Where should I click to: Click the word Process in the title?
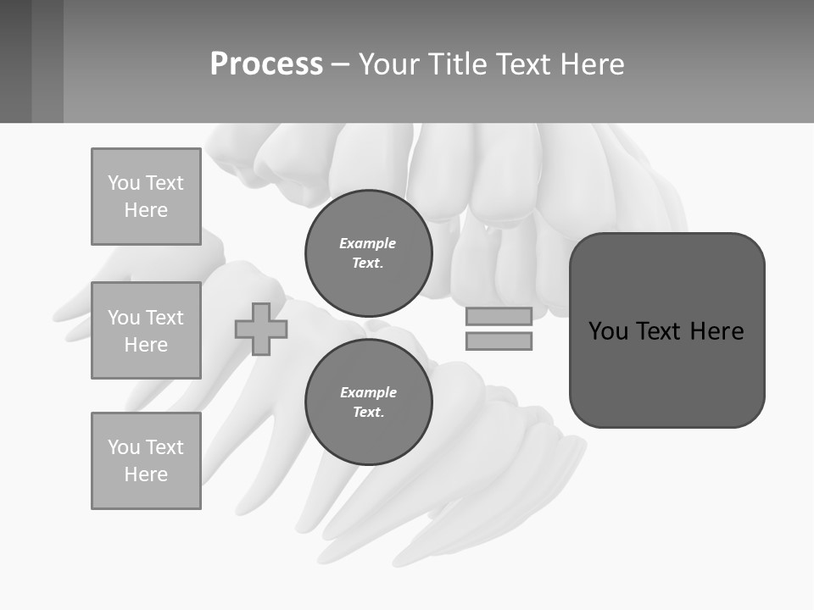266,64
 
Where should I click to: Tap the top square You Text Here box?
146,197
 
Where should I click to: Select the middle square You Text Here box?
146,330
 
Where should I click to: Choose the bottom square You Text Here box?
146,461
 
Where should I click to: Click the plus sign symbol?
261,330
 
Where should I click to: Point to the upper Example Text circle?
368,252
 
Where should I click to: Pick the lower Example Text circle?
368,402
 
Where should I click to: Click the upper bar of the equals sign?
499,316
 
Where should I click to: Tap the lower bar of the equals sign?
499,341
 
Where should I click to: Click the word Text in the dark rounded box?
661,331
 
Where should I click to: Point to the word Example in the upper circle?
368,243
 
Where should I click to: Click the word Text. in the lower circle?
368,413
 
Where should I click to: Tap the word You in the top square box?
123,183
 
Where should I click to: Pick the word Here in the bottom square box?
146,474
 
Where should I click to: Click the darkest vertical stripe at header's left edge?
15,61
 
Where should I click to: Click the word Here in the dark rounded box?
716,331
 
